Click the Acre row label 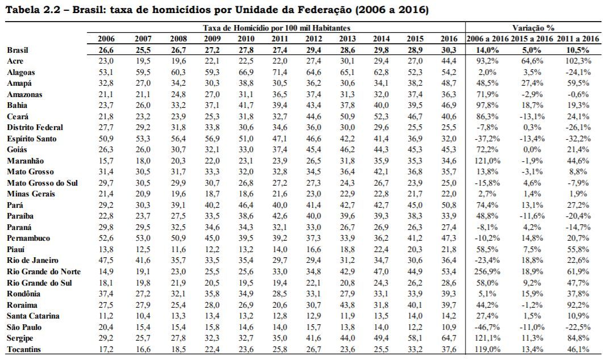(15, 61)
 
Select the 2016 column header (449, 39)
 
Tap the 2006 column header (106, 39)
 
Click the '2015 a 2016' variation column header (532, 39)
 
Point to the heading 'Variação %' (533, 28)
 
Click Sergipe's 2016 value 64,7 (449, 338)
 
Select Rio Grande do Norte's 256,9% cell (487, 272)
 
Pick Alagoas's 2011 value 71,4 (279, 72)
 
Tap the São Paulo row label (24, 327)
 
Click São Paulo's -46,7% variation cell (487, 327)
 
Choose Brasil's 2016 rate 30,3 (449, 50)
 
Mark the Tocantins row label (24, 350)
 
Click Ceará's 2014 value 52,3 (381, 116)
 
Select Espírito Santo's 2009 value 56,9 (212, 139)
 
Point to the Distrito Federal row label (35, 128)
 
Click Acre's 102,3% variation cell (578, 61)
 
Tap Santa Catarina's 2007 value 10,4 (143, 316)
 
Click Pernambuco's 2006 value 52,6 (106, 238)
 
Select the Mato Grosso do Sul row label (43, 183)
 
